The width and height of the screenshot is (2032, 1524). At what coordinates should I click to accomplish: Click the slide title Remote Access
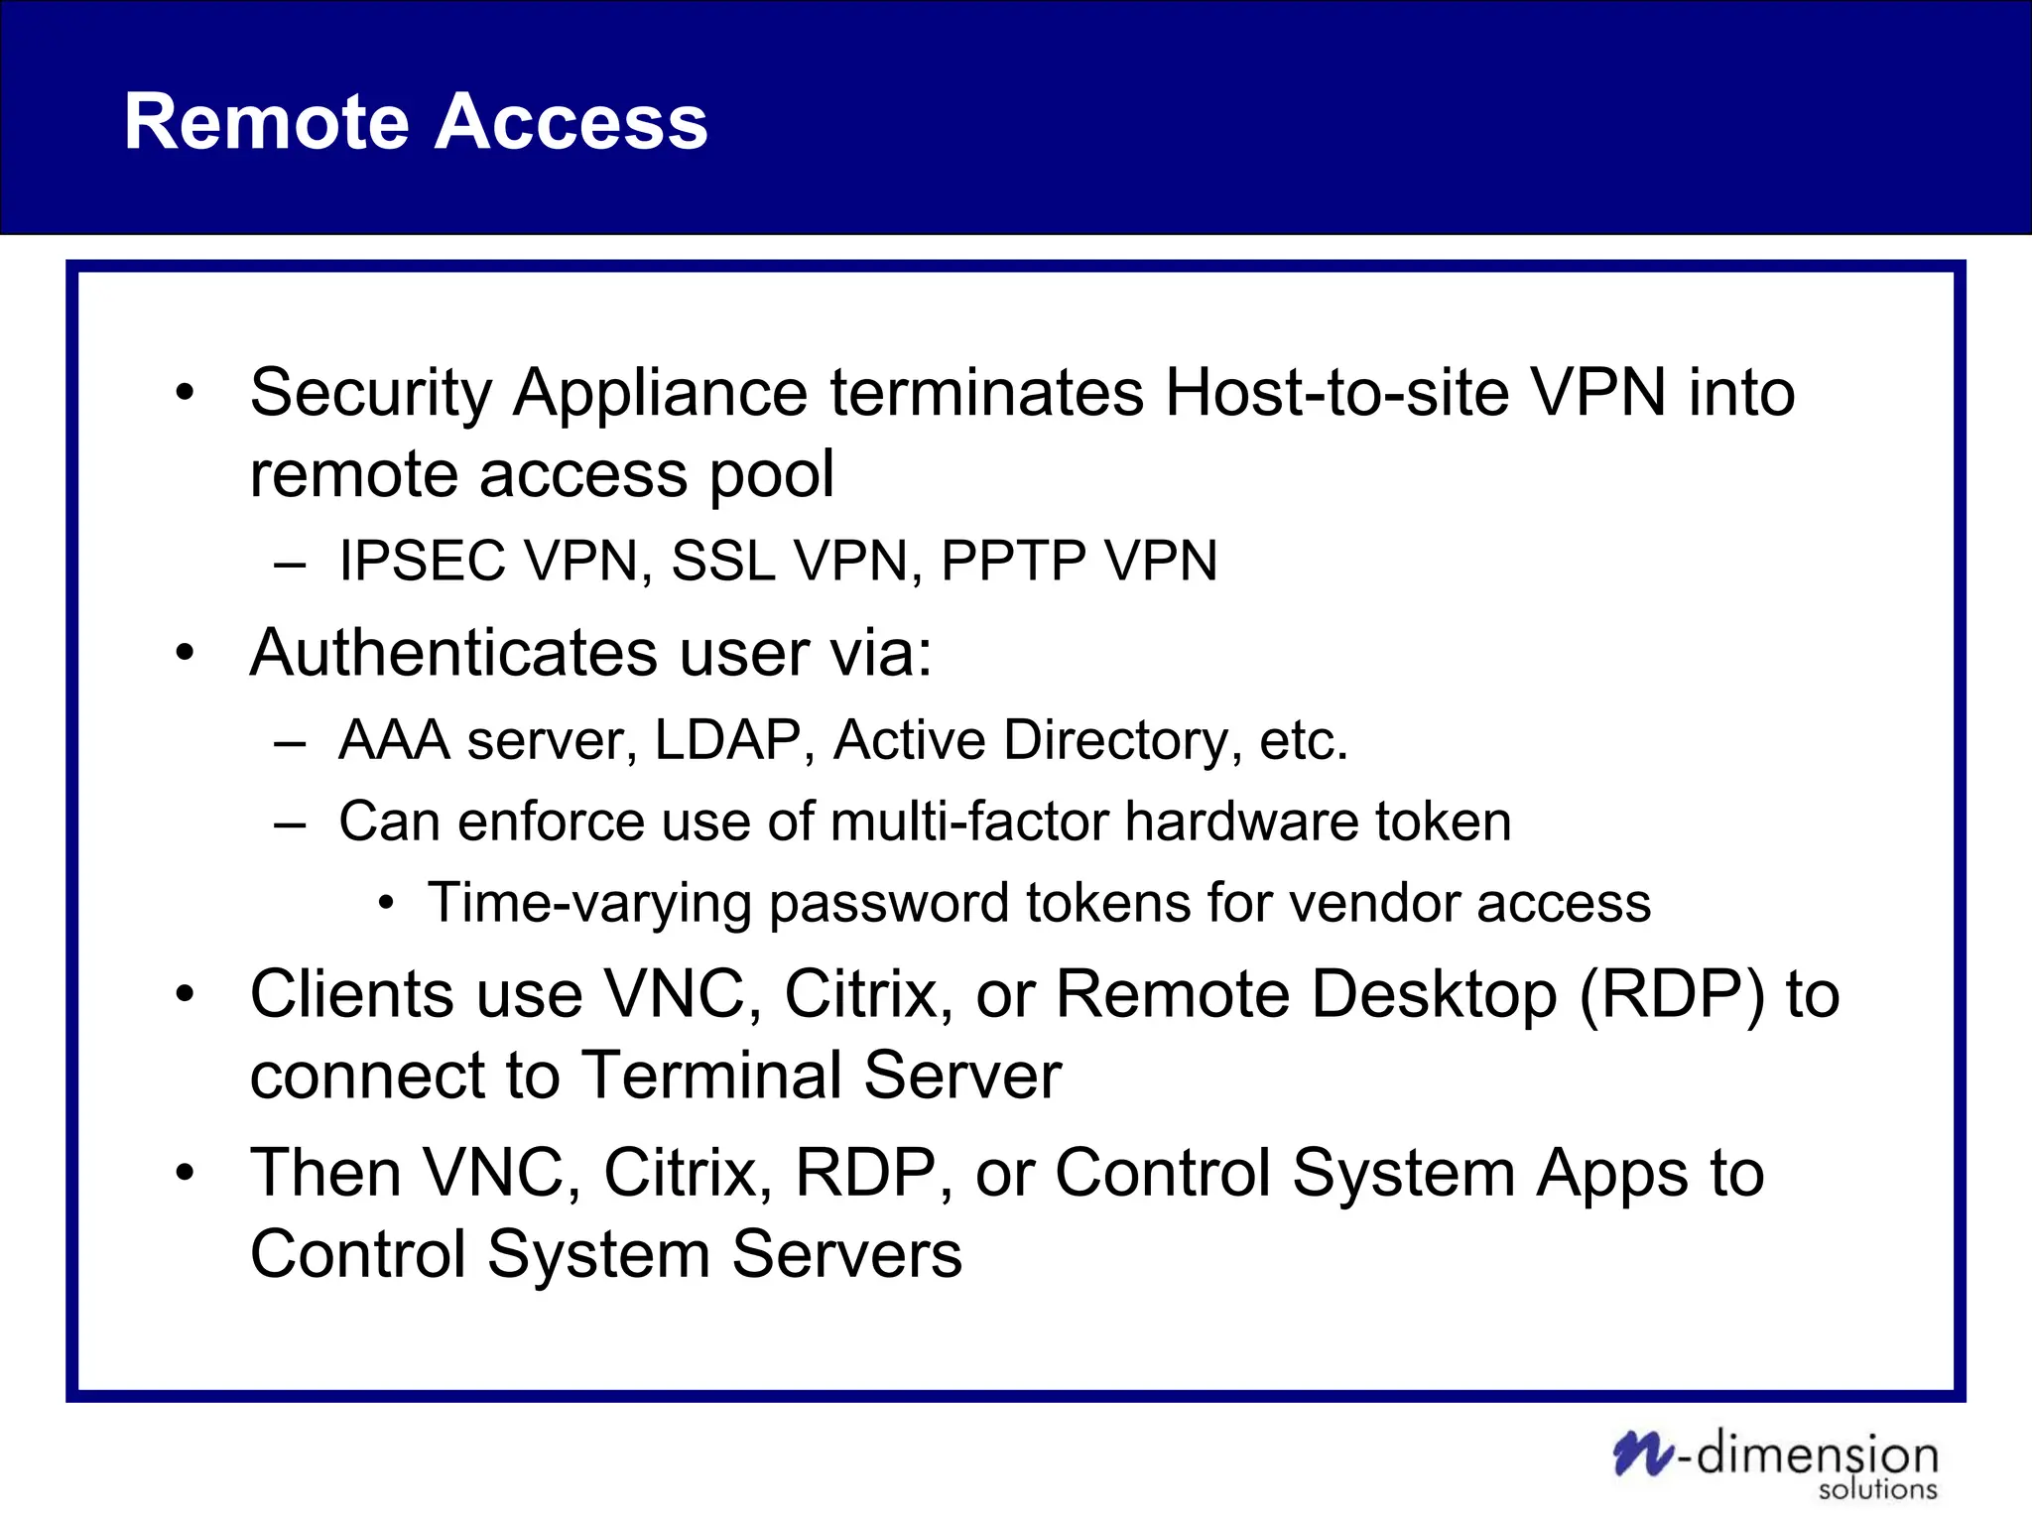(416, 121)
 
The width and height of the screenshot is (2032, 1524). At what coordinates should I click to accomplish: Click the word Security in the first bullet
(370, 394)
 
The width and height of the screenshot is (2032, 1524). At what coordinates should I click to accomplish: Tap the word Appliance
(660, 394)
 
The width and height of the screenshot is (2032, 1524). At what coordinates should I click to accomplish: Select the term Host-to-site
(1335, 392)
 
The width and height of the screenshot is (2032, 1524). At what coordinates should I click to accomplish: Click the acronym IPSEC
(422, 561)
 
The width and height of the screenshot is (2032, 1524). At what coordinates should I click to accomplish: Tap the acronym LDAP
(727, 740)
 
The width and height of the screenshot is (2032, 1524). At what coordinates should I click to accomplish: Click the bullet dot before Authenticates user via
(185, 653)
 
